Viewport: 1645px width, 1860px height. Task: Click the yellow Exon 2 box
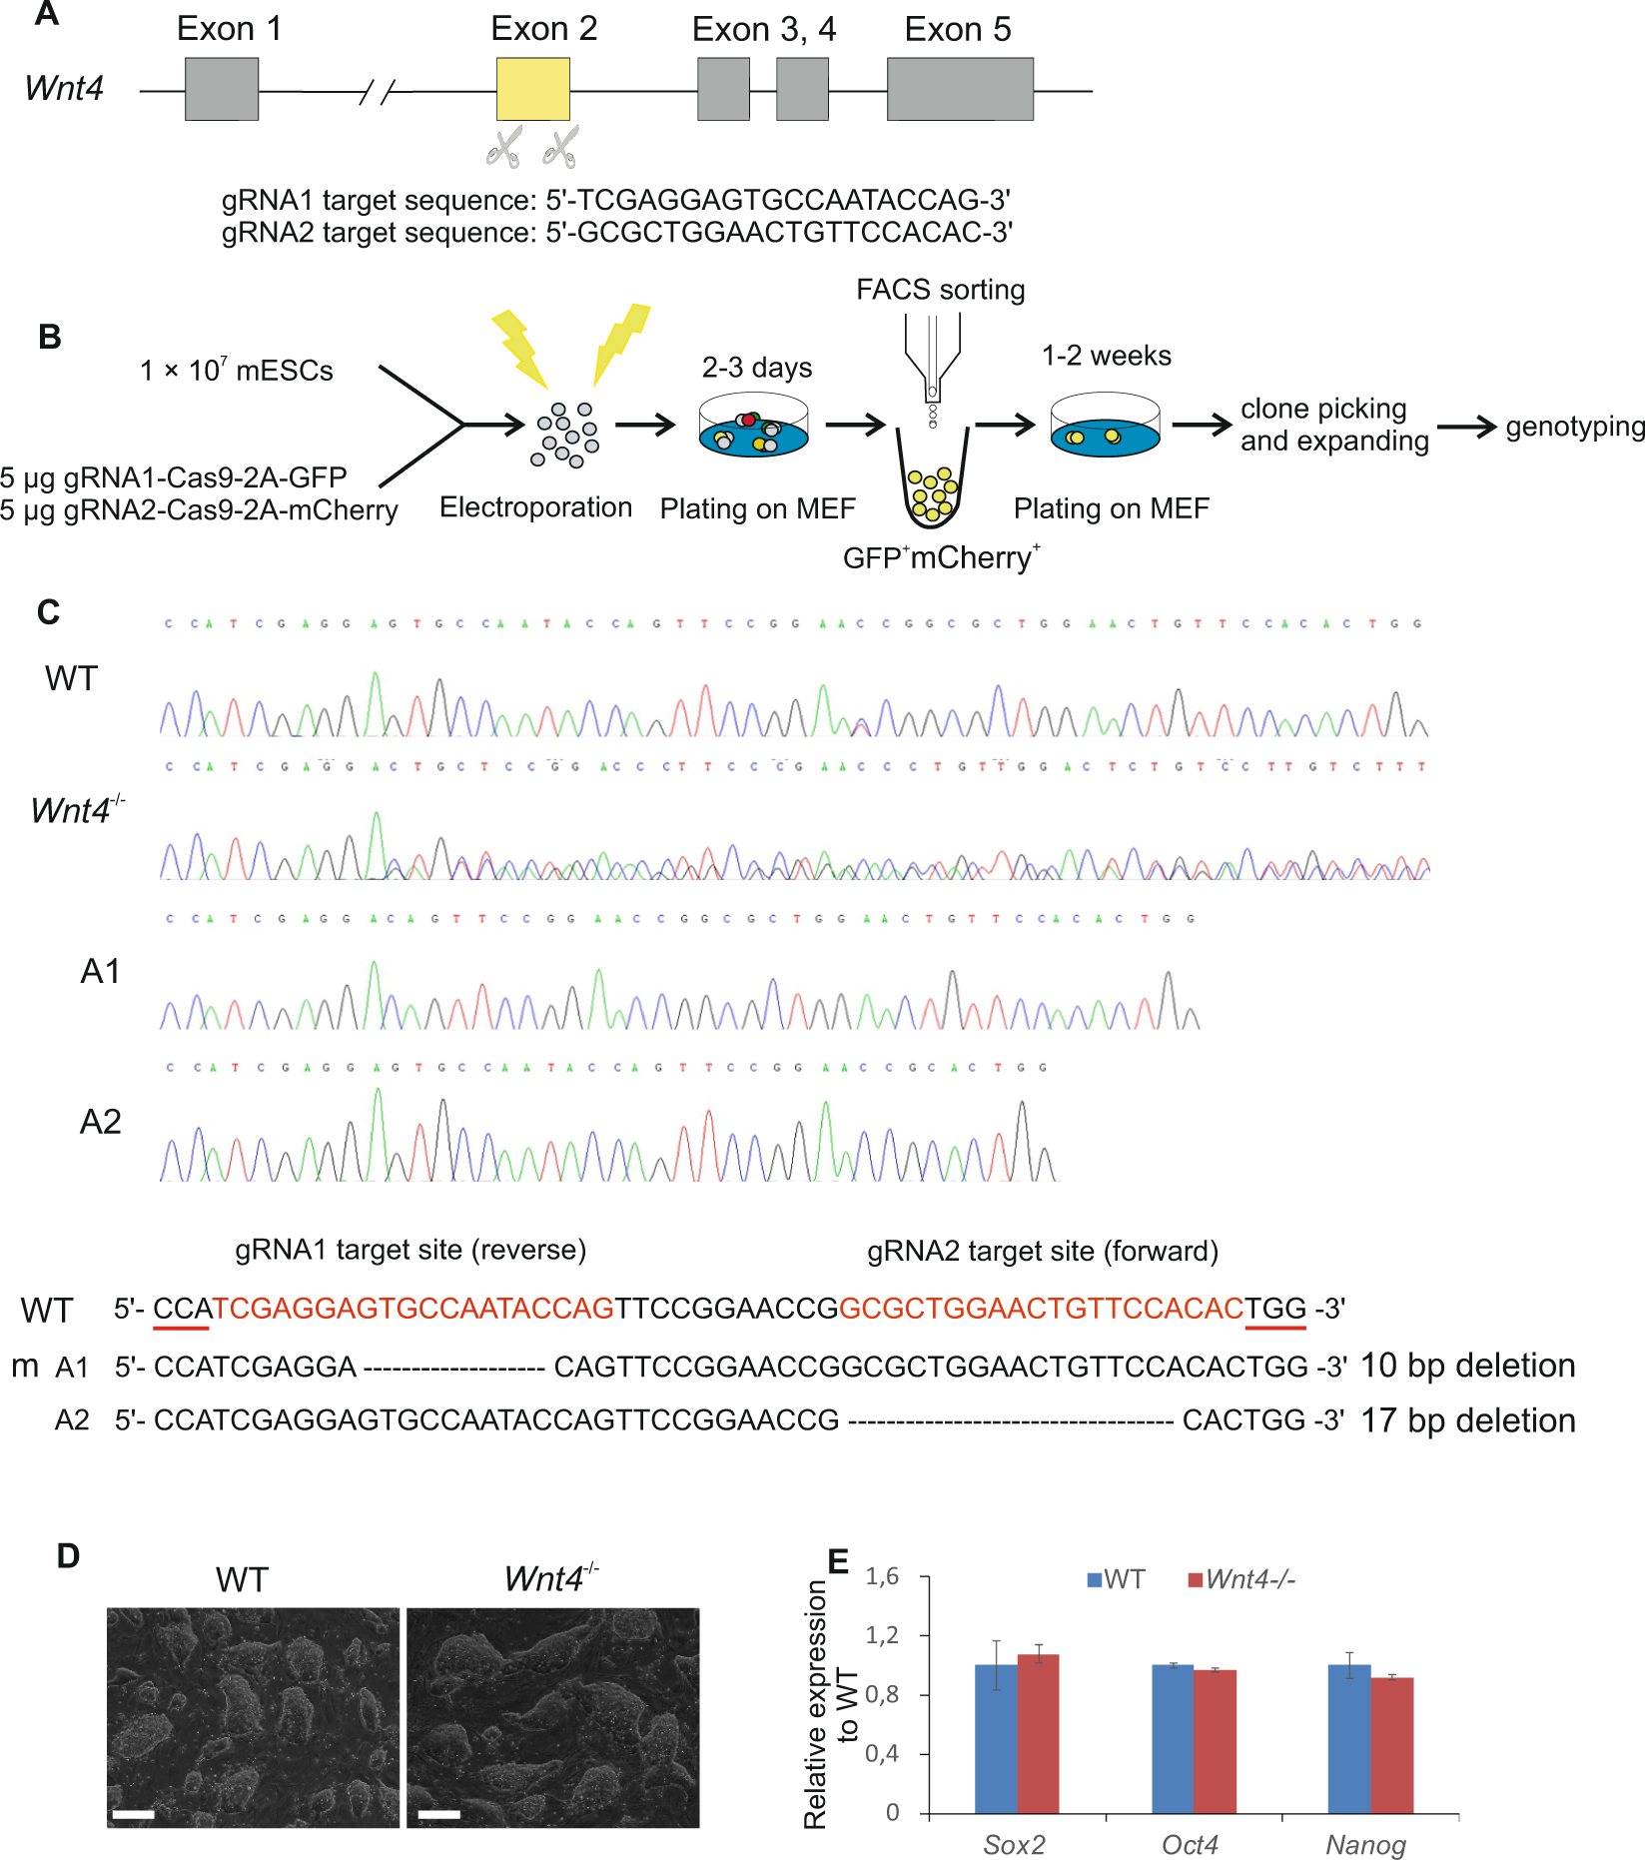click(533, 89)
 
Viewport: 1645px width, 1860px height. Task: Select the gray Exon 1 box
click(222, 89)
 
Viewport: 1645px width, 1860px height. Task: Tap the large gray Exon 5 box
click(960, 89)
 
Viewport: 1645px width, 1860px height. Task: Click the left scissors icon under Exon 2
click(504, 147)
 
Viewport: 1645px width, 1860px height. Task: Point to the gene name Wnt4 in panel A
click(64, 88)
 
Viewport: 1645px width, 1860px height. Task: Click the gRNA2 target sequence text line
click(616, 233)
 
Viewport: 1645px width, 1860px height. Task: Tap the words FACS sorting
click(940, 290)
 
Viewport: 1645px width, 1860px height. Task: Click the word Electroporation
click(535, 507)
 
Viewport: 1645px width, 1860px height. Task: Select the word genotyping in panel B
click(1574, 427)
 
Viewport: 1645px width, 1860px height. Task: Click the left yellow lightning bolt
click(519, 346)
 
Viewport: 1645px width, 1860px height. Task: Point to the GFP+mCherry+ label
click(941, 557)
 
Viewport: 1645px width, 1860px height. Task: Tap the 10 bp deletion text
click(1467, 1366)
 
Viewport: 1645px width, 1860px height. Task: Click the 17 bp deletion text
click(1467, 1420)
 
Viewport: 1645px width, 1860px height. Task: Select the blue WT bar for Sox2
click(996, 1738)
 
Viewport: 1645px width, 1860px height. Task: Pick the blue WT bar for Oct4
click(1173, 1738)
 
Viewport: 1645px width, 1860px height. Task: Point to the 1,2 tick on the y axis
click(882, 1635)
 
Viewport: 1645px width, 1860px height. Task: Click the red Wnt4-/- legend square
click(1195, 1579)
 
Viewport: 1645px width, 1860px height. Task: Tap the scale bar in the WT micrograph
click(133, 1814)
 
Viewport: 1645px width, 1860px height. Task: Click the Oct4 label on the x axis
click(1190, 1844)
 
